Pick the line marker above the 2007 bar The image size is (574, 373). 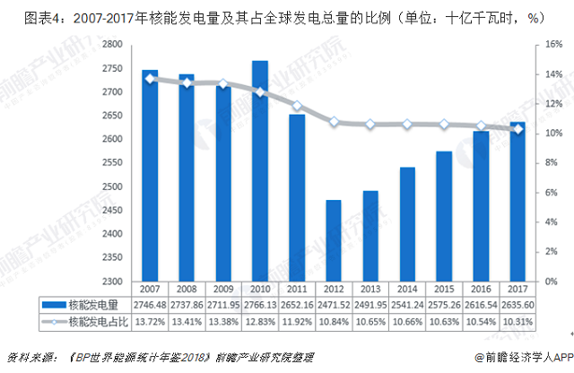pyautogui.click(x=150, y=79)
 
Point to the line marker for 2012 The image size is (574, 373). pyautogui.click(x=334, y=121)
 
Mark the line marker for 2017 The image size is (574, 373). pyautogui.click(x=517, y=129)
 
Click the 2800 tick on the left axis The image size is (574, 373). pyautogui.click(x=112, y=44)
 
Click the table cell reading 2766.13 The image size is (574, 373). pyautogui.click(x=259, y=305)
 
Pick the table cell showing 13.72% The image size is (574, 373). pyautogui.click(x=150, y=320)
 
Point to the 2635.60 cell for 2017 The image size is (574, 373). pyautogui.click(x=517, y=305)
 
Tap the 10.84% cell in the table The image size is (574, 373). pyautogui.click(x=334, y=320)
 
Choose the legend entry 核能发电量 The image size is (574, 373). pyautogui.click(x=81, y=305)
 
